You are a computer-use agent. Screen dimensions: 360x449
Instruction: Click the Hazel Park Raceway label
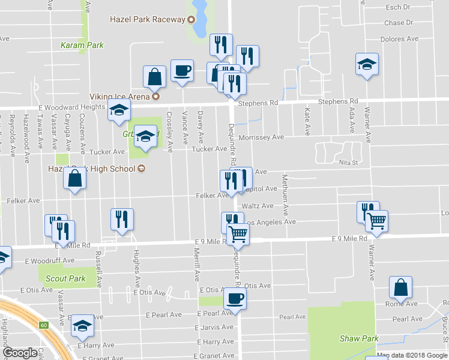click(148, 19)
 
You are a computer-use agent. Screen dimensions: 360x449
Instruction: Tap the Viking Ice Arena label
click(121, 96)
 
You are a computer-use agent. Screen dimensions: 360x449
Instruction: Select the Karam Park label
click(82, 45)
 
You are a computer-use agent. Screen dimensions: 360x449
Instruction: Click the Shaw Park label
click(359, 338)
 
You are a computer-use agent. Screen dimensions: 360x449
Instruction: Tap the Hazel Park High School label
click(92, 169)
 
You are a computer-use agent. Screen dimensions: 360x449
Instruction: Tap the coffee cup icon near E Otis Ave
click(235, 298)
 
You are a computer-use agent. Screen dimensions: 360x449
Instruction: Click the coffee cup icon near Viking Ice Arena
click(182, 71)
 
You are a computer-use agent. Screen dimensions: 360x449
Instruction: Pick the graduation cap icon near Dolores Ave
click(367, 63)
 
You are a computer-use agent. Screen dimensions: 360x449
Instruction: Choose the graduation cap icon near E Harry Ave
click(83, 325)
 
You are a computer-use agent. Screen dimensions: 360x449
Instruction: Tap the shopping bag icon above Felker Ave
click(74, 178)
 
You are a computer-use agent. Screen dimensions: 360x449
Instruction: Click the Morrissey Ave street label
click(261, 137)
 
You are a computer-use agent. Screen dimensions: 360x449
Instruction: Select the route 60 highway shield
click(44, 325)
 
